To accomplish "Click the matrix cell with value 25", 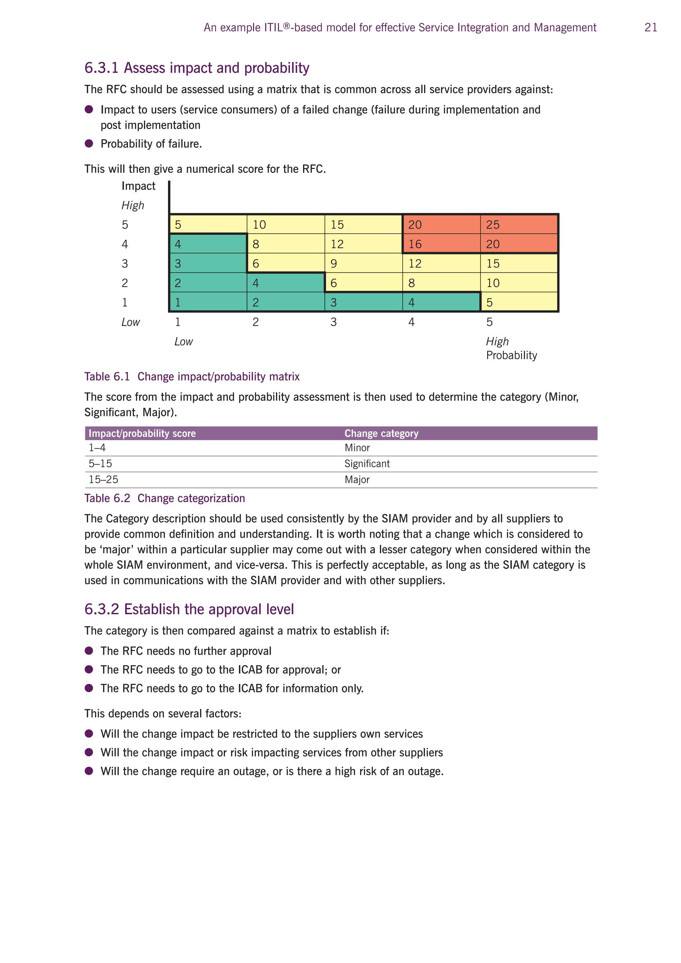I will tap(519, 224).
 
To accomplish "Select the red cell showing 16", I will tap(441, 244).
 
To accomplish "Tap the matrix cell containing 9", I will tap(363, 263).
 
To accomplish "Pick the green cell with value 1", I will tap(208, 302).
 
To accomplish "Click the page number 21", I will tap(650, 28).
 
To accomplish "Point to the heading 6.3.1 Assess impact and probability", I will tap(197, 68).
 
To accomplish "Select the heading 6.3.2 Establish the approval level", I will tap(189, 609).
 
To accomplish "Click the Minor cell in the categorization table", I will tap(357, 448).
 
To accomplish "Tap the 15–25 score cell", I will tap(103, 480).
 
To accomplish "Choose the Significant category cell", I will tap(367, 464).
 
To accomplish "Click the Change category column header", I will tap(381, 433).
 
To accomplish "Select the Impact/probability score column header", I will tap(142, 433).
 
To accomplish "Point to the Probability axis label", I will tap(511, 355).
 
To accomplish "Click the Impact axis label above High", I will tap(138, 186).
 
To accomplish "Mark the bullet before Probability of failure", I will tap(89, 143).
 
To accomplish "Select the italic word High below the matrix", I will tap(497, 342).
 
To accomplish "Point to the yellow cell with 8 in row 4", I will tap(286, 244).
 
